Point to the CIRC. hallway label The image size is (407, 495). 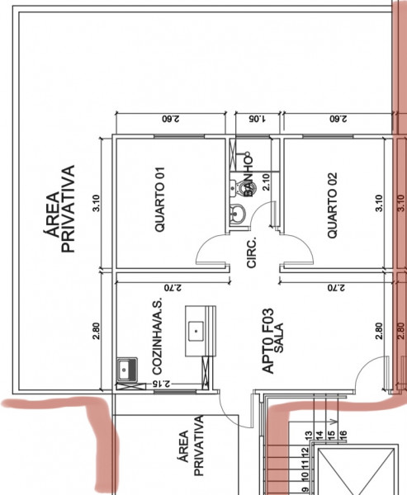[252, 253]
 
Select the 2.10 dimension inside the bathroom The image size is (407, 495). [266, 181]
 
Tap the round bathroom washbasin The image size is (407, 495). [238, 216]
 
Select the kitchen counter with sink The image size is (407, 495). [199, 330]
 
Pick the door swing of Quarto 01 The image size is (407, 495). [211, 252]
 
